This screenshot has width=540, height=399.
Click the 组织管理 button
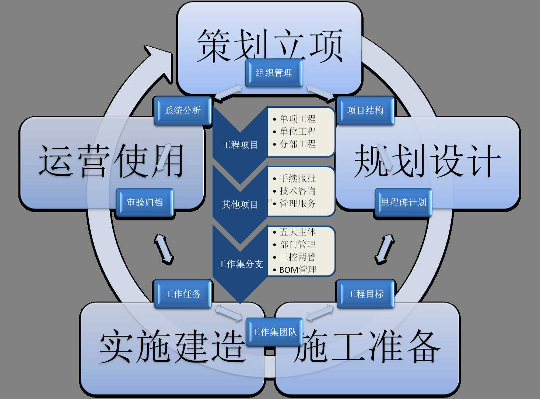[274, 73]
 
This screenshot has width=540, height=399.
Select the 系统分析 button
[183, 110]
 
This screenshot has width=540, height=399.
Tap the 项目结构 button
[365, 110]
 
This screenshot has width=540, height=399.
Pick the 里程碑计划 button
[403, 202]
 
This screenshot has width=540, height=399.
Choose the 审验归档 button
[145, 202]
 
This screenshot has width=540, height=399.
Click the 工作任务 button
[183, 294]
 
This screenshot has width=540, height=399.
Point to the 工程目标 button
[365, 294]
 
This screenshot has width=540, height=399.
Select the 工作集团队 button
[274, 332]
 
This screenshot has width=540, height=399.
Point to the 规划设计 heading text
[427, 161]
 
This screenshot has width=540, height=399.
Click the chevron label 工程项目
[240, 145]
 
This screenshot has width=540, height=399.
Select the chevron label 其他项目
[240, 204]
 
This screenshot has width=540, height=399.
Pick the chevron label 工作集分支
[240, 264]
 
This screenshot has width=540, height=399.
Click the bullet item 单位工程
[298, 131]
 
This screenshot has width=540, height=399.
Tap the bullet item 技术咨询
[298, 191]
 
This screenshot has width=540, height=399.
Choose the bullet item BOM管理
[298, 270]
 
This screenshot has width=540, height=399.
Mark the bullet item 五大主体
[298, 232]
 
